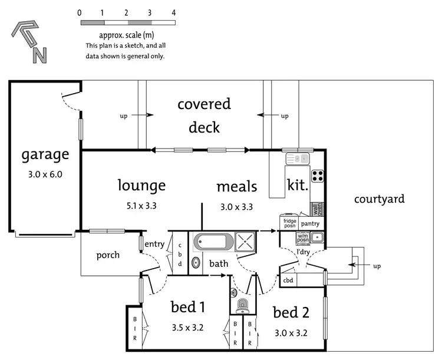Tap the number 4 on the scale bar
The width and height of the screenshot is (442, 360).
click(x=174, y=12)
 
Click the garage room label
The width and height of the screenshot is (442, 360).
click(x=45, y=155)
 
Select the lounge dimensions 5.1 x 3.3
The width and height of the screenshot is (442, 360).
click(x=141, y=206)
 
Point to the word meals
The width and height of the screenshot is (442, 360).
click(x=237, y=187)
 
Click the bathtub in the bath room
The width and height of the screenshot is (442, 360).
click(x=213, y=242)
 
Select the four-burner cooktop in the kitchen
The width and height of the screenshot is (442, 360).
click(x=317, y=175)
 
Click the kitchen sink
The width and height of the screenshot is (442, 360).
click(x=298, y=158)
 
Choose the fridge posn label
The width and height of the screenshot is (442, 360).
click(x=289, y=223)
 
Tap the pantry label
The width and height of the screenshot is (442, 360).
click(x=310, y=224)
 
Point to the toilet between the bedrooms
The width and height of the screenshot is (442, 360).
click(x=242, y=306)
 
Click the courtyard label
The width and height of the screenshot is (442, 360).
click(x=379, y=199)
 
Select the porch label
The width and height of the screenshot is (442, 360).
click(x=108, y=255)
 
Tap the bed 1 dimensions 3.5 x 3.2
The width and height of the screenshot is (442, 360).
click(x=187, y=328)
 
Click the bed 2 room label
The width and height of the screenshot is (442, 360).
click(x=291, y=312)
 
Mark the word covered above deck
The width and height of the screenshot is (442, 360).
click(x=204, y=105)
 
